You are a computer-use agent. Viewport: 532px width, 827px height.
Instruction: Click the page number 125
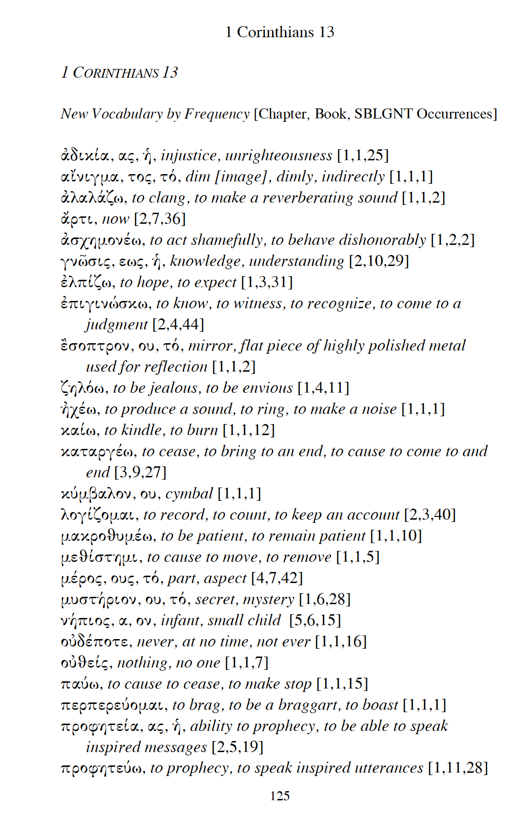click(x=279, y=796)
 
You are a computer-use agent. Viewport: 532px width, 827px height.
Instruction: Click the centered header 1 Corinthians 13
click(x=279, y=32)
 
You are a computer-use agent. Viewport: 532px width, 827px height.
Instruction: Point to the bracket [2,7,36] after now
click(x=160, y=219)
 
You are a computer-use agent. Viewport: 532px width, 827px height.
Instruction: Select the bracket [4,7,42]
click(x=277, y=578)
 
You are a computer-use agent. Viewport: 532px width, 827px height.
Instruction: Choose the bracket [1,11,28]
click(x=458, y=768)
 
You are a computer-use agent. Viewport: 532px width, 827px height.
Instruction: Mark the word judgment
click(x=117, y=325)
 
